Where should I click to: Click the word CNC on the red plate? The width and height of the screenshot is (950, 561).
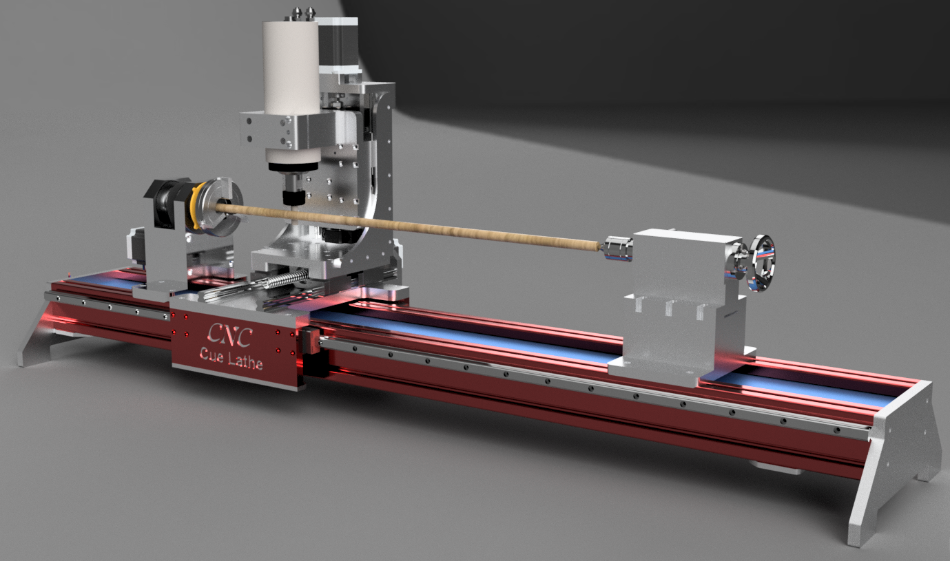(x=230, y=336)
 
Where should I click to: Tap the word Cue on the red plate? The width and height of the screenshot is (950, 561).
(x=209, y=355)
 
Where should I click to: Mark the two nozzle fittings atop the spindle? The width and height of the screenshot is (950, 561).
(x=302, y=12)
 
